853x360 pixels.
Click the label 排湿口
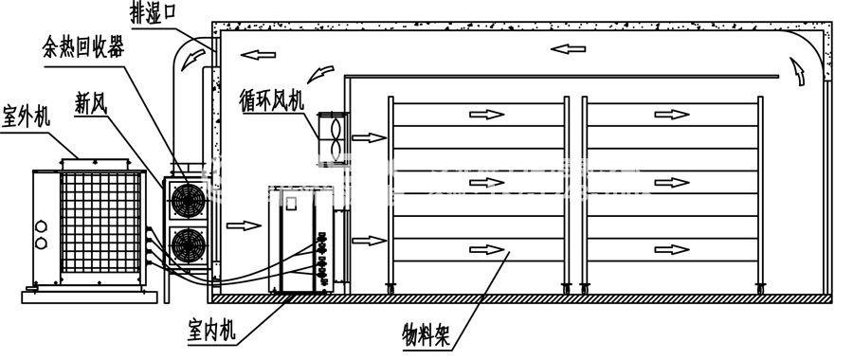[159, 13]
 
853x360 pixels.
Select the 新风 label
[91, 103]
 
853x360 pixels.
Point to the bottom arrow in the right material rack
[674, 248]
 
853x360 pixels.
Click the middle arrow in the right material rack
[674, 180]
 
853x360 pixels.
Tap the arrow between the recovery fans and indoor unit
[244, 225]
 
